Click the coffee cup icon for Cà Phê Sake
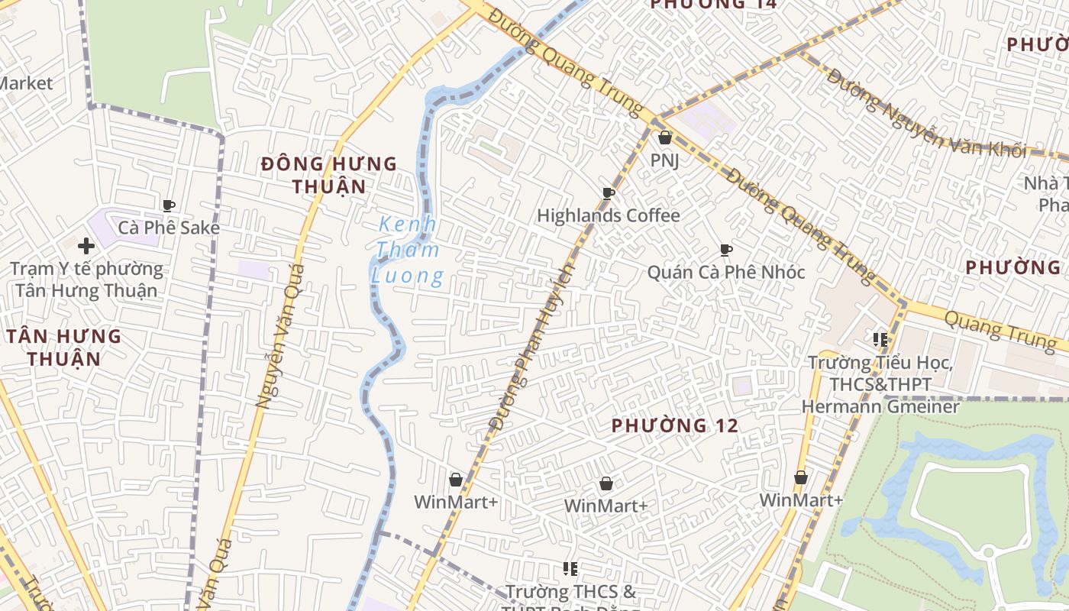click(x=169, y=205)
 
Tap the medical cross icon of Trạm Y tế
click(x=86, y=246)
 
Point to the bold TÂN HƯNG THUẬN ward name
click(x=65, y=347)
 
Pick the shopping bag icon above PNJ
click(x=665, y=137)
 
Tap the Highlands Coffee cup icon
click(x=609, y=193)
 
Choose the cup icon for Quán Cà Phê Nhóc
click(x=726, y=250)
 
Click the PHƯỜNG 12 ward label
click(x=675, y=426)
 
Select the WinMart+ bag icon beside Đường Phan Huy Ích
click(x=456, y=480)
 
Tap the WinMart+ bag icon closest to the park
click(x=801, y=477)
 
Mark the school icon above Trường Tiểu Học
click(x=880, y=339)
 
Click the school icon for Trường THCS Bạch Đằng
click(x=570, y=568)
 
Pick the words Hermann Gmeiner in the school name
click(x=880, y=406)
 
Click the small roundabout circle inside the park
click(x=988, y=551)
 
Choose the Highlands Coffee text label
click(x=609, y=216)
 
